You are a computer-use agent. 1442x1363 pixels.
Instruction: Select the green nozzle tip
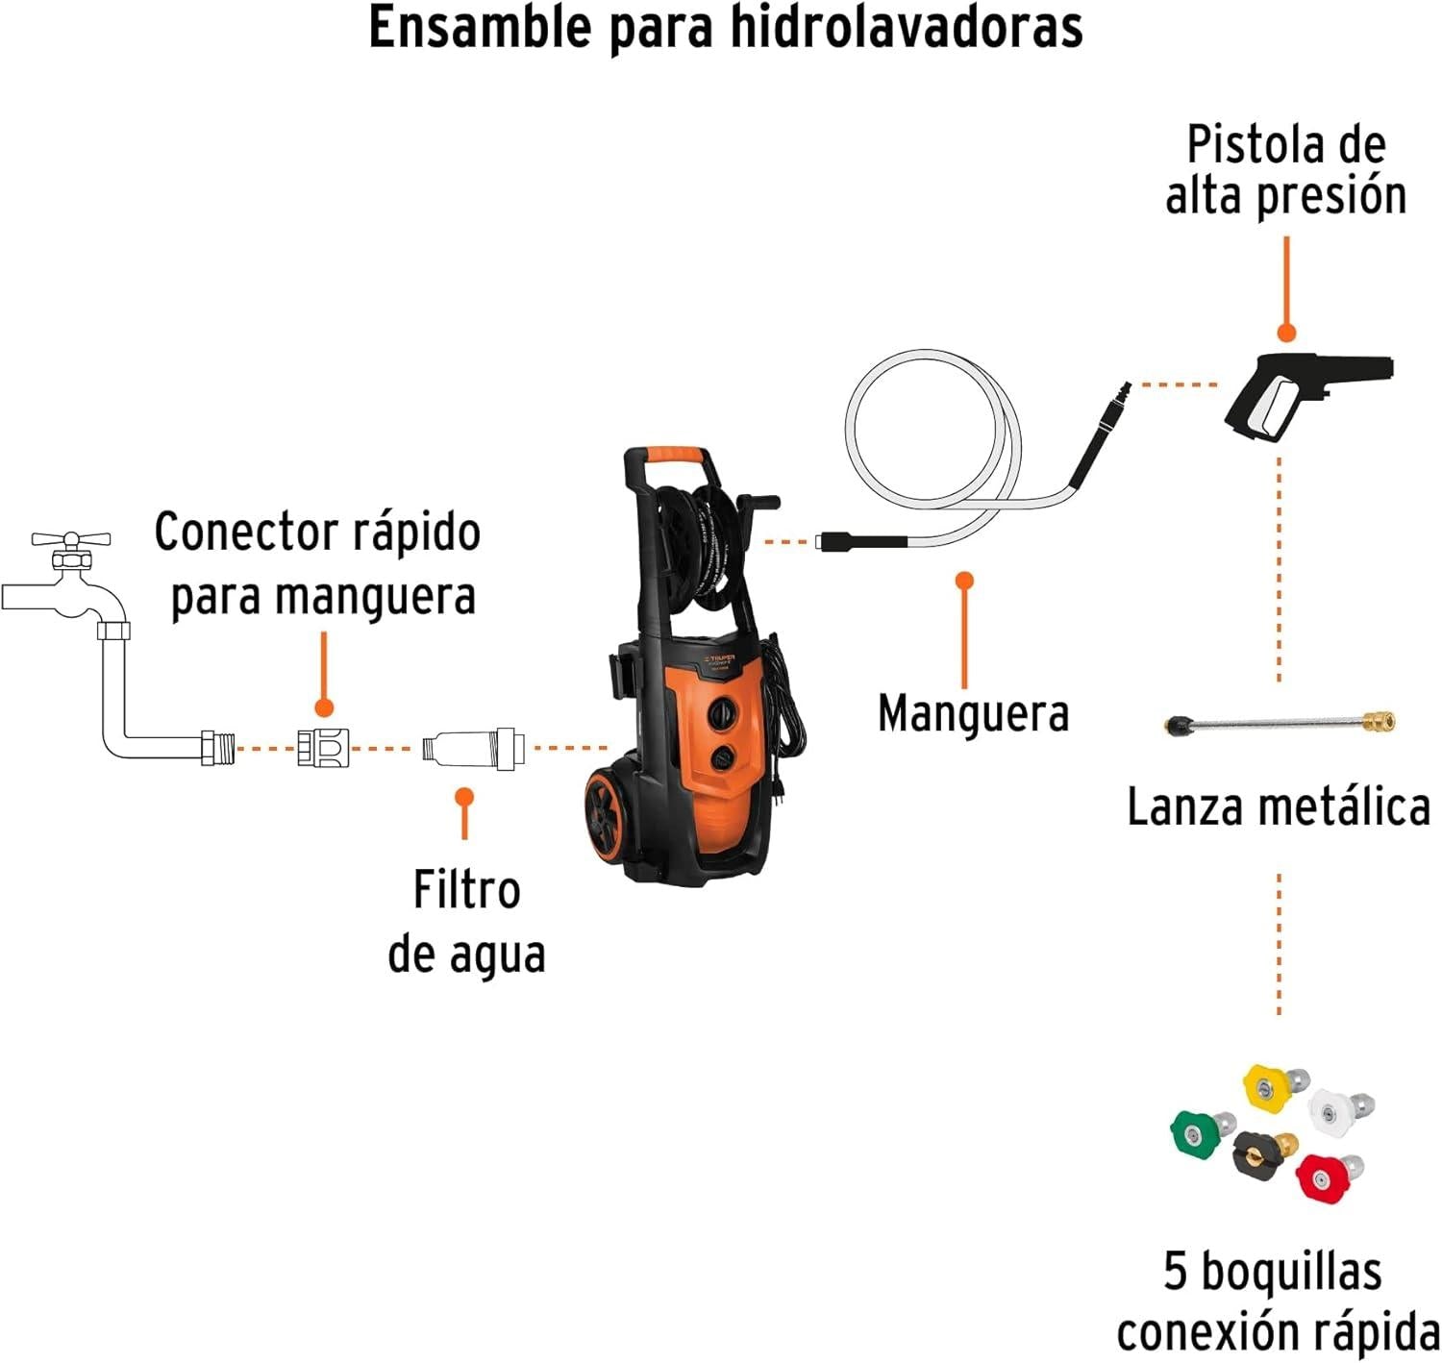click(x=1195, y=1132)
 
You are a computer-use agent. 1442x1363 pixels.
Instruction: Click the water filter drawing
click(x=473, y=747)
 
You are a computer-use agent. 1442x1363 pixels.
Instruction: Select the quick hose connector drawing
click(x=323, y=747)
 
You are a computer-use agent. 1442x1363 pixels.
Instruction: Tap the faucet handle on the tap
click(x=71, y=540)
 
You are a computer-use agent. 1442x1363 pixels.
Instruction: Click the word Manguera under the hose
click(x=973, y=714)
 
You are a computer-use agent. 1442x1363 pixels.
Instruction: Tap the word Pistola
click(x=1245, y=145)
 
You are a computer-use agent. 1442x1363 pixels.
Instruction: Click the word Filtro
click(x=466, y=890)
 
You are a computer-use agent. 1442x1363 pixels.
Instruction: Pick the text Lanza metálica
click(x=1278, y=806)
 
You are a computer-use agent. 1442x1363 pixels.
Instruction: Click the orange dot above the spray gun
click(x=1286, y=333)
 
